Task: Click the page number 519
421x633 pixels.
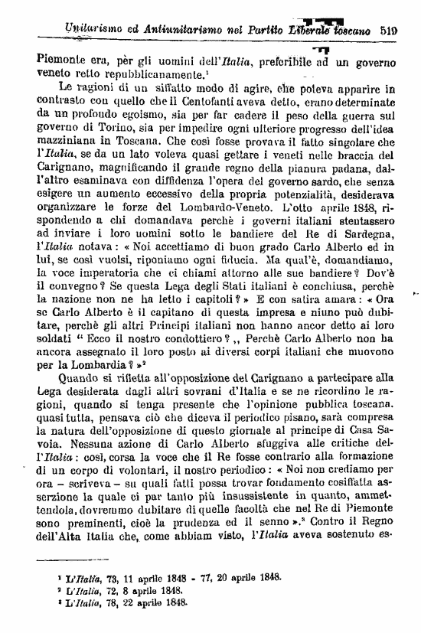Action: (x=402, y=31)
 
